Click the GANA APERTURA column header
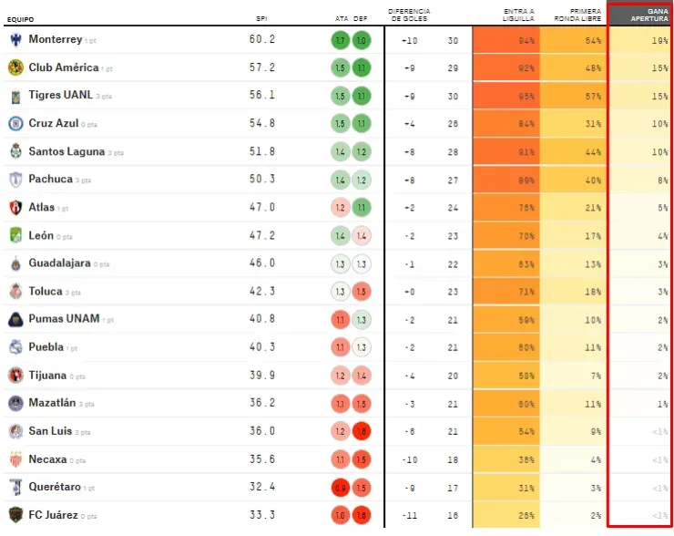click(645, 15)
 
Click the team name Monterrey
click(55, 40)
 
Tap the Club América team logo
click(15, 67)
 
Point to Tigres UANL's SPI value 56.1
click(262, 96)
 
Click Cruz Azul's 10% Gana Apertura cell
click(641, 124)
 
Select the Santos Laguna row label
click(66, 152)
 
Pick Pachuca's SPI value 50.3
click(262, 180)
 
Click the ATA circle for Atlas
click(340, 208)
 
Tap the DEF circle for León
click(361, 236)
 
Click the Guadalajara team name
click(59, 263)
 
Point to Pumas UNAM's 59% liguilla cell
click(506, 320)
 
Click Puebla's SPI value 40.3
click(262, 347)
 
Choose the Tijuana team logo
click(15, 376)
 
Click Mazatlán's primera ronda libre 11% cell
click(574, 404)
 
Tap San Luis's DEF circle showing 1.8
click(361, 431)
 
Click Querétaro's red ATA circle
click(340, 488)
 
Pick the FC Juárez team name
click(53, 515)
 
